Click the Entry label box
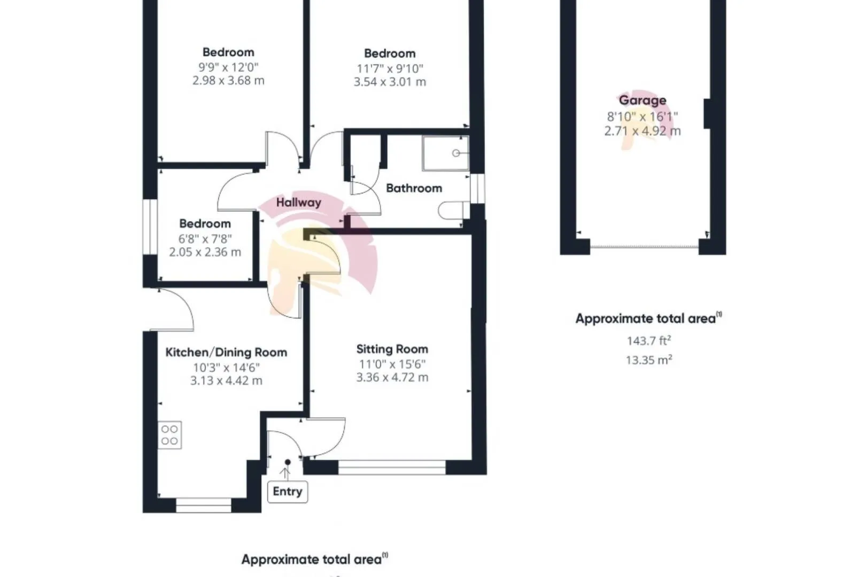pyautogui.click(x=288, y=492)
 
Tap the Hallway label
pyautogui.click(x=298, y=202)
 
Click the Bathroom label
pyautogui.click(x=414, y=188)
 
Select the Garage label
pyautogui.click(x=643, y=100)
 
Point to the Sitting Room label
pyautogui.click(x=392, y=349)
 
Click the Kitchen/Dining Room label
pyautogui.click(x=226, y=353)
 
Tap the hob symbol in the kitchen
pyautogui.click(x=169, y=435)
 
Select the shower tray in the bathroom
pyautogui.click(x=446, y=153)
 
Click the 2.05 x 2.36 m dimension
pyautogui.click(x=205, y=252)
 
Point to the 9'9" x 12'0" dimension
pyautogui.click(x=228, y=67)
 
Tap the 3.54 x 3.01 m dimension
pyautogui.click(x=390, y=82)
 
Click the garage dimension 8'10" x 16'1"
pyautogui.click(x=643, y=116)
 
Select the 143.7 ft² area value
pyautogui.click(x=649, y=340)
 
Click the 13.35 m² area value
pyautogui.click(x=649, y=360)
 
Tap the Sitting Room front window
pyautogui.click(x=392, y=467)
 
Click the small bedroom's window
pyautogui.click(x=150, y=227)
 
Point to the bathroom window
pyautogui.click(x=477, y=189)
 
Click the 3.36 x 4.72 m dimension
pyautogui.click(x=392, y=378)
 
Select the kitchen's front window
pyautogui.click(x=204, y=505)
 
